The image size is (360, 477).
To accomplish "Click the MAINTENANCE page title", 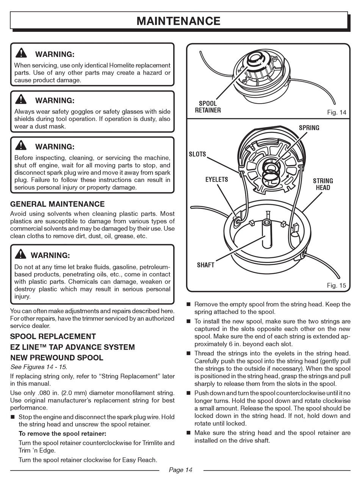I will pyautogui.click(x=178, y=20).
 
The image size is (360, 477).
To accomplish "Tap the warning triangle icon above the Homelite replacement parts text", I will pyautogui.click(x=21, y=53).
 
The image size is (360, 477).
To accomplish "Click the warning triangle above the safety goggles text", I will pyautogui.click(x=21, y=99).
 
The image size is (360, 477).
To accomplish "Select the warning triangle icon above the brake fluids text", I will pyautogui.click(x=21, y=254).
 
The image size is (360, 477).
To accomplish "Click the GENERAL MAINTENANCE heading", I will pyautogui.click(x=57, y=204).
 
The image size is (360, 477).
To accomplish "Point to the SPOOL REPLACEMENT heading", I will pyautogui.click(x=53, y=336).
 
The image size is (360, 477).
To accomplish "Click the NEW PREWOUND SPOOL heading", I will pyautogui.click(x=56, y=358).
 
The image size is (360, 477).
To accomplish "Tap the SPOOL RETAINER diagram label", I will pyautogui.click(x=208, y=107).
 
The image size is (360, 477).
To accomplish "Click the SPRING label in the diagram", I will pyautogui.click(x=309, y=128).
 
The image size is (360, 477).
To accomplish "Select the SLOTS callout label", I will pyautogui.click(x=197, y=154).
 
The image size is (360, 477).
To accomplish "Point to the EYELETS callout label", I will pyautogui.click(x=217, y=179).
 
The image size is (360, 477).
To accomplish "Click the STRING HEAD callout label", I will pyautogui.click(x=323, y=184).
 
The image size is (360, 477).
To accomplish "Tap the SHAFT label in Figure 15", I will pyautogui.click(x=205, y=265).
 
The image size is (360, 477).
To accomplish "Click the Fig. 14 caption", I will pyautogui.click(x=336, y=113).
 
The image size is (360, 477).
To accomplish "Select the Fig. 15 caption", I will pyautogui.click(x=336, y=286).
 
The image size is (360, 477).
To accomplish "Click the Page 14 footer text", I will pyautogui.click(x=180, y=470).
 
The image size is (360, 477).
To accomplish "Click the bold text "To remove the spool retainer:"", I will pyautogui.click(x=63, y=433).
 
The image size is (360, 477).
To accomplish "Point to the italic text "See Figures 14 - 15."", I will pyautogui.click(x=39, y=367).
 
